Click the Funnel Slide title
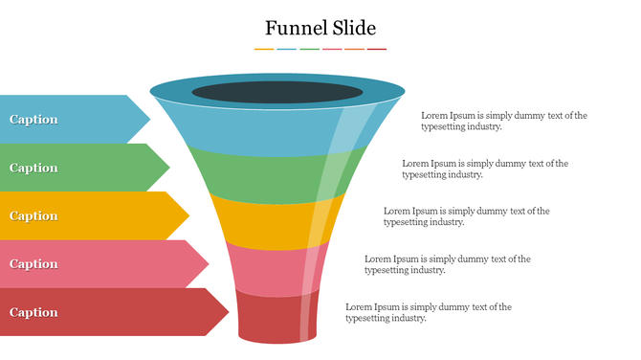(320, 28)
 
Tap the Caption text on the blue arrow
(33, 120)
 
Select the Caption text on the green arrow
(33, 168)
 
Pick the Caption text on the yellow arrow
(33, 215)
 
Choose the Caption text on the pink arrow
(33, 264)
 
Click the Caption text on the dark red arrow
(33, 312)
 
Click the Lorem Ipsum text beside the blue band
(504, 121)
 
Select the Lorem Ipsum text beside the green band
(485, 169)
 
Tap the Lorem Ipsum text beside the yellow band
(467, 216)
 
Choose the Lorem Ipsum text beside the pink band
(448, 264)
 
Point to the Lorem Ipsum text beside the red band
(429, 312)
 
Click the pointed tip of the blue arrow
(148, 119)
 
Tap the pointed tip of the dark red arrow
(227, 312)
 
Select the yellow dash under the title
(264, 49)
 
